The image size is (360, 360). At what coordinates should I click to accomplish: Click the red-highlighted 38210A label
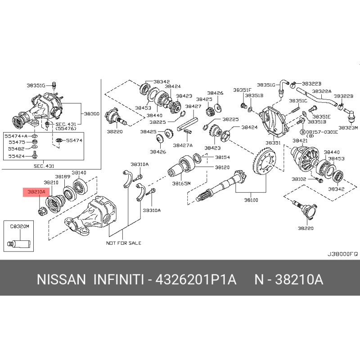tap(36, 192)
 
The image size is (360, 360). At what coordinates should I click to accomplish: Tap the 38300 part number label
tap(92, 114)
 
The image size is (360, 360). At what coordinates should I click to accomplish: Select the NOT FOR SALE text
tap(123, 243)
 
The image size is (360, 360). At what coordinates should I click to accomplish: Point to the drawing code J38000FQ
tap(342, 254)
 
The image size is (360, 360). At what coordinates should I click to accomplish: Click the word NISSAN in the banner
tap(61, 279)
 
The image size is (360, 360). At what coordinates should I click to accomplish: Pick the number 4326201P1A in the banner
tap(196, 279)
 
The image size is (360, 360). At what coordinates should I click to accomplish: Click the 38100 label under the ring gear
tap(251, 200)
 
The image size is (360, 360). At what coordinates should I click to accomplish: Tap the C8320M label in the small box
tap(19, 227)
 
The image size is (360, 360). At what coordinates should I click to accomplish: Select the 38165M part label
tap(181, 184)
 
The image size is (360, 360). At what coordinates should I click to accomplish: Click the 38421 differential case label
tap(300, 140)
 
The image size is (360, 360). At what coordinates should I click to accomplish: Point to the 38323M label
tap(348, 128)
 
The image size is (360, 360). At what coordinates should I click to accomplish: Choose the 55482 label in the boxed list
tap(16, 149)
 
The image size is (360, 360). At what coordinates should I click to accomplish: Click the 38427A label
tap(183, 145)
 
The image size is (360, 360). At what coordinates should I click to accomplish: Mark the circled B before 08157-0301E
tap(303, 132)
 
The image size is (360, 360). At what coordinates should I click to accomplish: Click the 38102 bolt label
tap(299, 179)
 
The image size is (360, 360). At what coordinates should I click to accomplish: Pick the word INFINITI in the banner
tap(119, 279)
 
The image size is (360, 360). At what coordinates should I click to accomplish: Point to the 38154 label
tap(222, 157)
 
